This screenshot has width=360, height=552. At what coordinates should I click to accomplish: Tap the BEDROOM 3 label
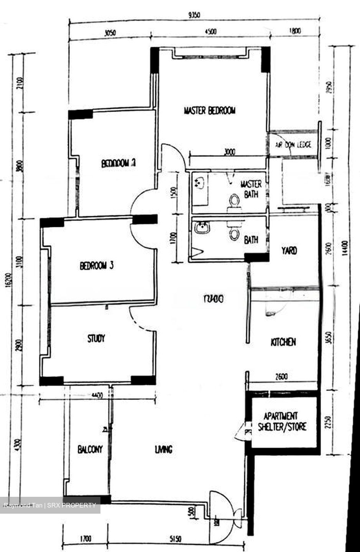pyautogui.click(x=96, y=266)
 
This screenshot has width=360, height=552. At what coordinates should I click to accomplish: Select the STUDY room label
pyautogui.click(x=96, y=338)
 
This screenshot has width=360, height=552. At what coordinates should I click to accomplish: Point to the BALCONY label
pyautogui.click(x=90, y=449)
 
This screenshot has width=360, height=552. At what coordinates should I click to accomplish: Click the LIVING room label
pyautogui.click(x=163, y=449)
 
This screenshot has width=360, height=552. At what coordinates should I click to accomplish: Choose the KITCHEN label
pyautogui.click(x=283, y=342)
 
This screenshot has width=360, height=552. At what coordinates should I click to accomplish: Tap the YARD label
pyautogui.click(x=289, y=251)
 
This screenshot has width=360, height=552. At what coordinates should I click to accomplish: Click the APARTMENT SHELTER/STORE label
pyautogui.click(x=282, y=422)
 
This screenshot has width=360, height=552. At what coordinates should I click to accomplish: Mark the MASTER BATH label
pyautogui.click(x=251, y=189)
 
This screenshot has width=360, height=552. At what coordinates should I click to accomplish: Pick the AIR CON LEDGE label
pyautogui.click(x=293, y=145)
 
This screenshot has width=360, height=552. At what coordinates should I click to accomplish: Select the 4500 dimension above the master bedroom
pyautogui.click(x=210, y=32)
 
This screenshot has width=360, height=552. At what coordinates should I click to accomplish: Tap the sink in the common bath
pyautogui.click(x=201, y=228)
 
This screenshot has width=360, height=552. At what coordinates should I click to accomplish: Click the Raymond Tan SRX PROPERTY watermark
pyautogui.click(x=50, y=505)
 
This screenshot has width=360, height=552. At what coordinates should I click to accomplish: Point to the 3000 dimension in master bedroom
pyautogui.click(x=229, y=152)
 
